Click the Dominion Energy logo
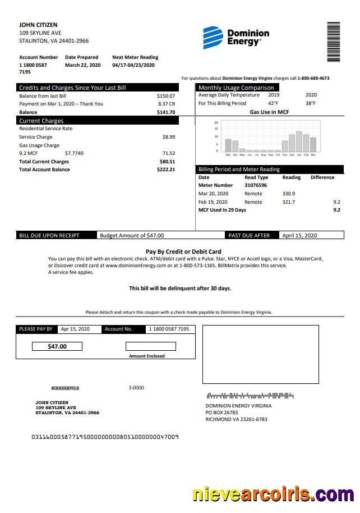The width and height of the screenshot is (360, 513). (236, 37)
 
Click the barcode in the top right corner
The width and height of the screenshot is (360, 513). (334, 42)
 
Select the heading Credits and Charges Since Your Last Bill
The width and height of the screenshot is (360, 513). (72, 88)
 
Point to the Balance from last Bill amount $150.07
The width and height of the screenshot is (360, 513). (166, 96)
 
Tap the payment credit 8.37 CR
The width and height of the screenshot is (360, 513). (167, 104)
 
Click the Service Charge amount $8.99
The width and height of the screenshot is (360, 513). (168, 137)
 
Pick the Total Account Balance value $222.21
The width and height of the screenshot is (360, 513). (166, 170)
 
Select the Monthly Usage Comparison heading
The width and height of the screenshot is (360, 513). (236, 88)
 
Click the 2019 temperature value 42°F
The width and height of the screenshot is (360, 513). (273, 103)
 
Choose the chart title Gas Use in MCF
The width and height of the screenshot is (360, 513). (269, 112)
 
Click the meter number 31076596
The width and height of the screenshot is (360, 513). (256, 185)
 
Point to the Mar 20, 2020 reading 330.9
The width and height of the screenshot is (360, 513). (289, 194)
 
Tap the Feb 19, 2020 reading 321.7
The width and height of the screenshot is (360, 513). (289, 202)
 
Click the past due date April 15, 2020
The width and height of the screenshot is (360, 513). (299, 236)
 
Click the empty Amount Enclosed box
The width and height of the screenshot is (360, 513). (150, 346)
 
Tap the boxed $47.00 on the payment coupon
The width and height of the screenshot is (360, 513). (57, 346)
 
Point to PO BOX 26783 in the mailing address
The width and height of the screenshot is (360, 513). (221, 413)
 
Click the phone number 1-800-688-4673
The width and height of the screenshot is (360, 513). (313, 79)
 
